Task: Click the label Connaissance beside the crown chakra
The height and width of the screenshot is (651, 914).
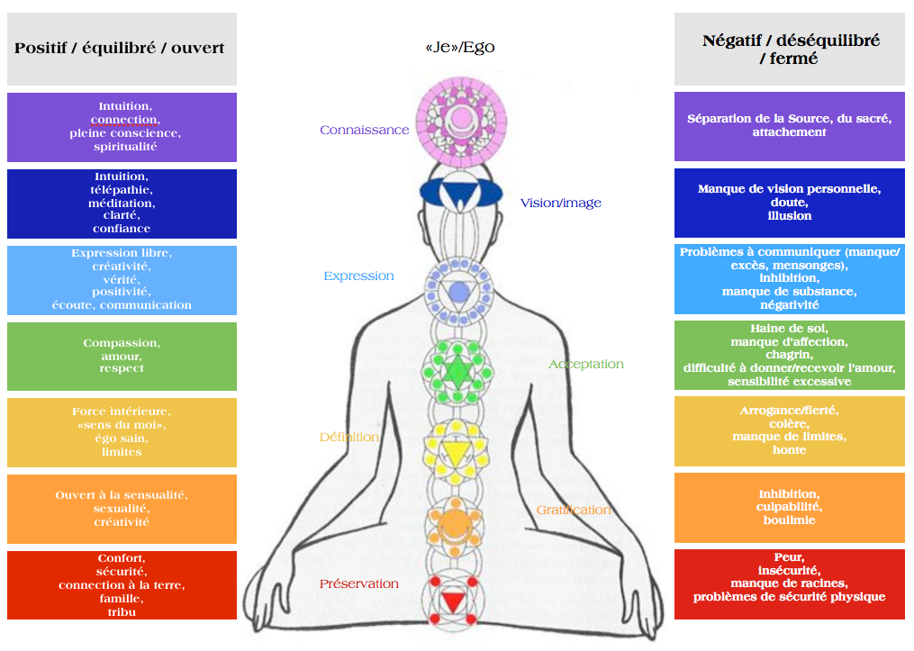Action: click(x=364, y=130)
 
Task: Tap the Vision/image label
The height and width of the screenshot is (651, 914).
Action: click(x=560, y=203)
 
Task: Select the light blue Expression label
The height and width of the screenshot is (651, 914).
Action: click(x=358, y=276)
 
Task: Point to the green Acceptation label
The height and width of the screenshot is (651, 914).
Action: click(x=586, y=364)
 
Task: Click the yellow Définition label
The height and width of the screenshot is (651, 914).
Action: click(x=348, y=437)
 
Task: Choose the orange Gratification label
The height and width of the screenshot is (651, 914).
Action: click(x=574, y=510)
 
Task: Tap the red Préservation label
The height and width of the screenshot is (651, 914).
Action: click(x=358, y=583)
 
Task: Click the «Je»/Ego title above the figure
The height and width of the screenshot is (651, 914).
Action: click(x=459, y=47)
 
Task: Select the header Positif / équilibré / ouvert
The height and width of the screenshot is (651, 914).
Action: click(x=120, y=48)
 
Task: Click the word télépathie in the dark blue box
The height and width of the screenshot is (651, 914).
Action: click(x=121, y=190)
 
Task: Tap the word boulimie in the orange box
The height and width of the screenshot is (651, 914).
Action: click(x=789, y=520)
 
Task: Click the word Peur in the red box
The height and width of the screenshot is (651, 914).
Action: click(x=789, y=556)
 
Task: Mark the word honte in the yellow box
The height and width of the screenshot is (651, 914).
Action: click(x=789, y=449)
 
